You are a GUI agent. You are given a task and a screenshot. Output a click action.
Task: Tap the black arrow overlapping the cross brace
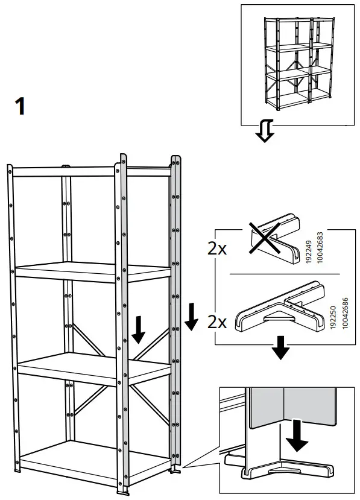[x=139, y=328]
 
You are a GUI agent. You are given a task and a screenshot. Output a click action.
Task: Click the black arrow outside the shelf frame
[x=191, y=318]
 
